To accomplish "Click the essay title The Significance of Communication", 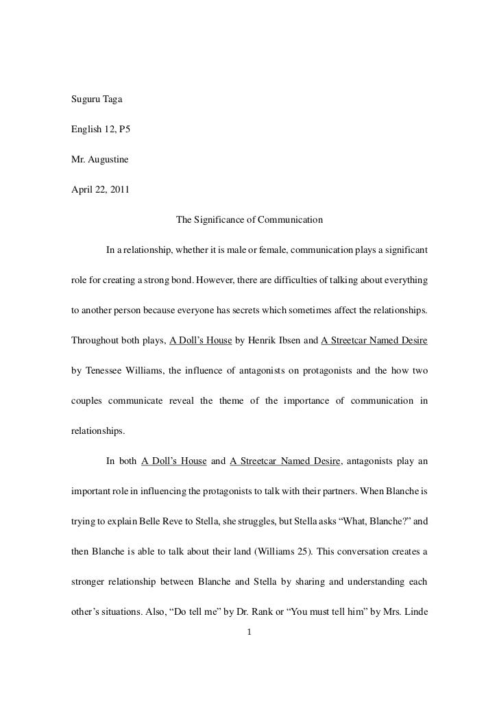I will point(249,220).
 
